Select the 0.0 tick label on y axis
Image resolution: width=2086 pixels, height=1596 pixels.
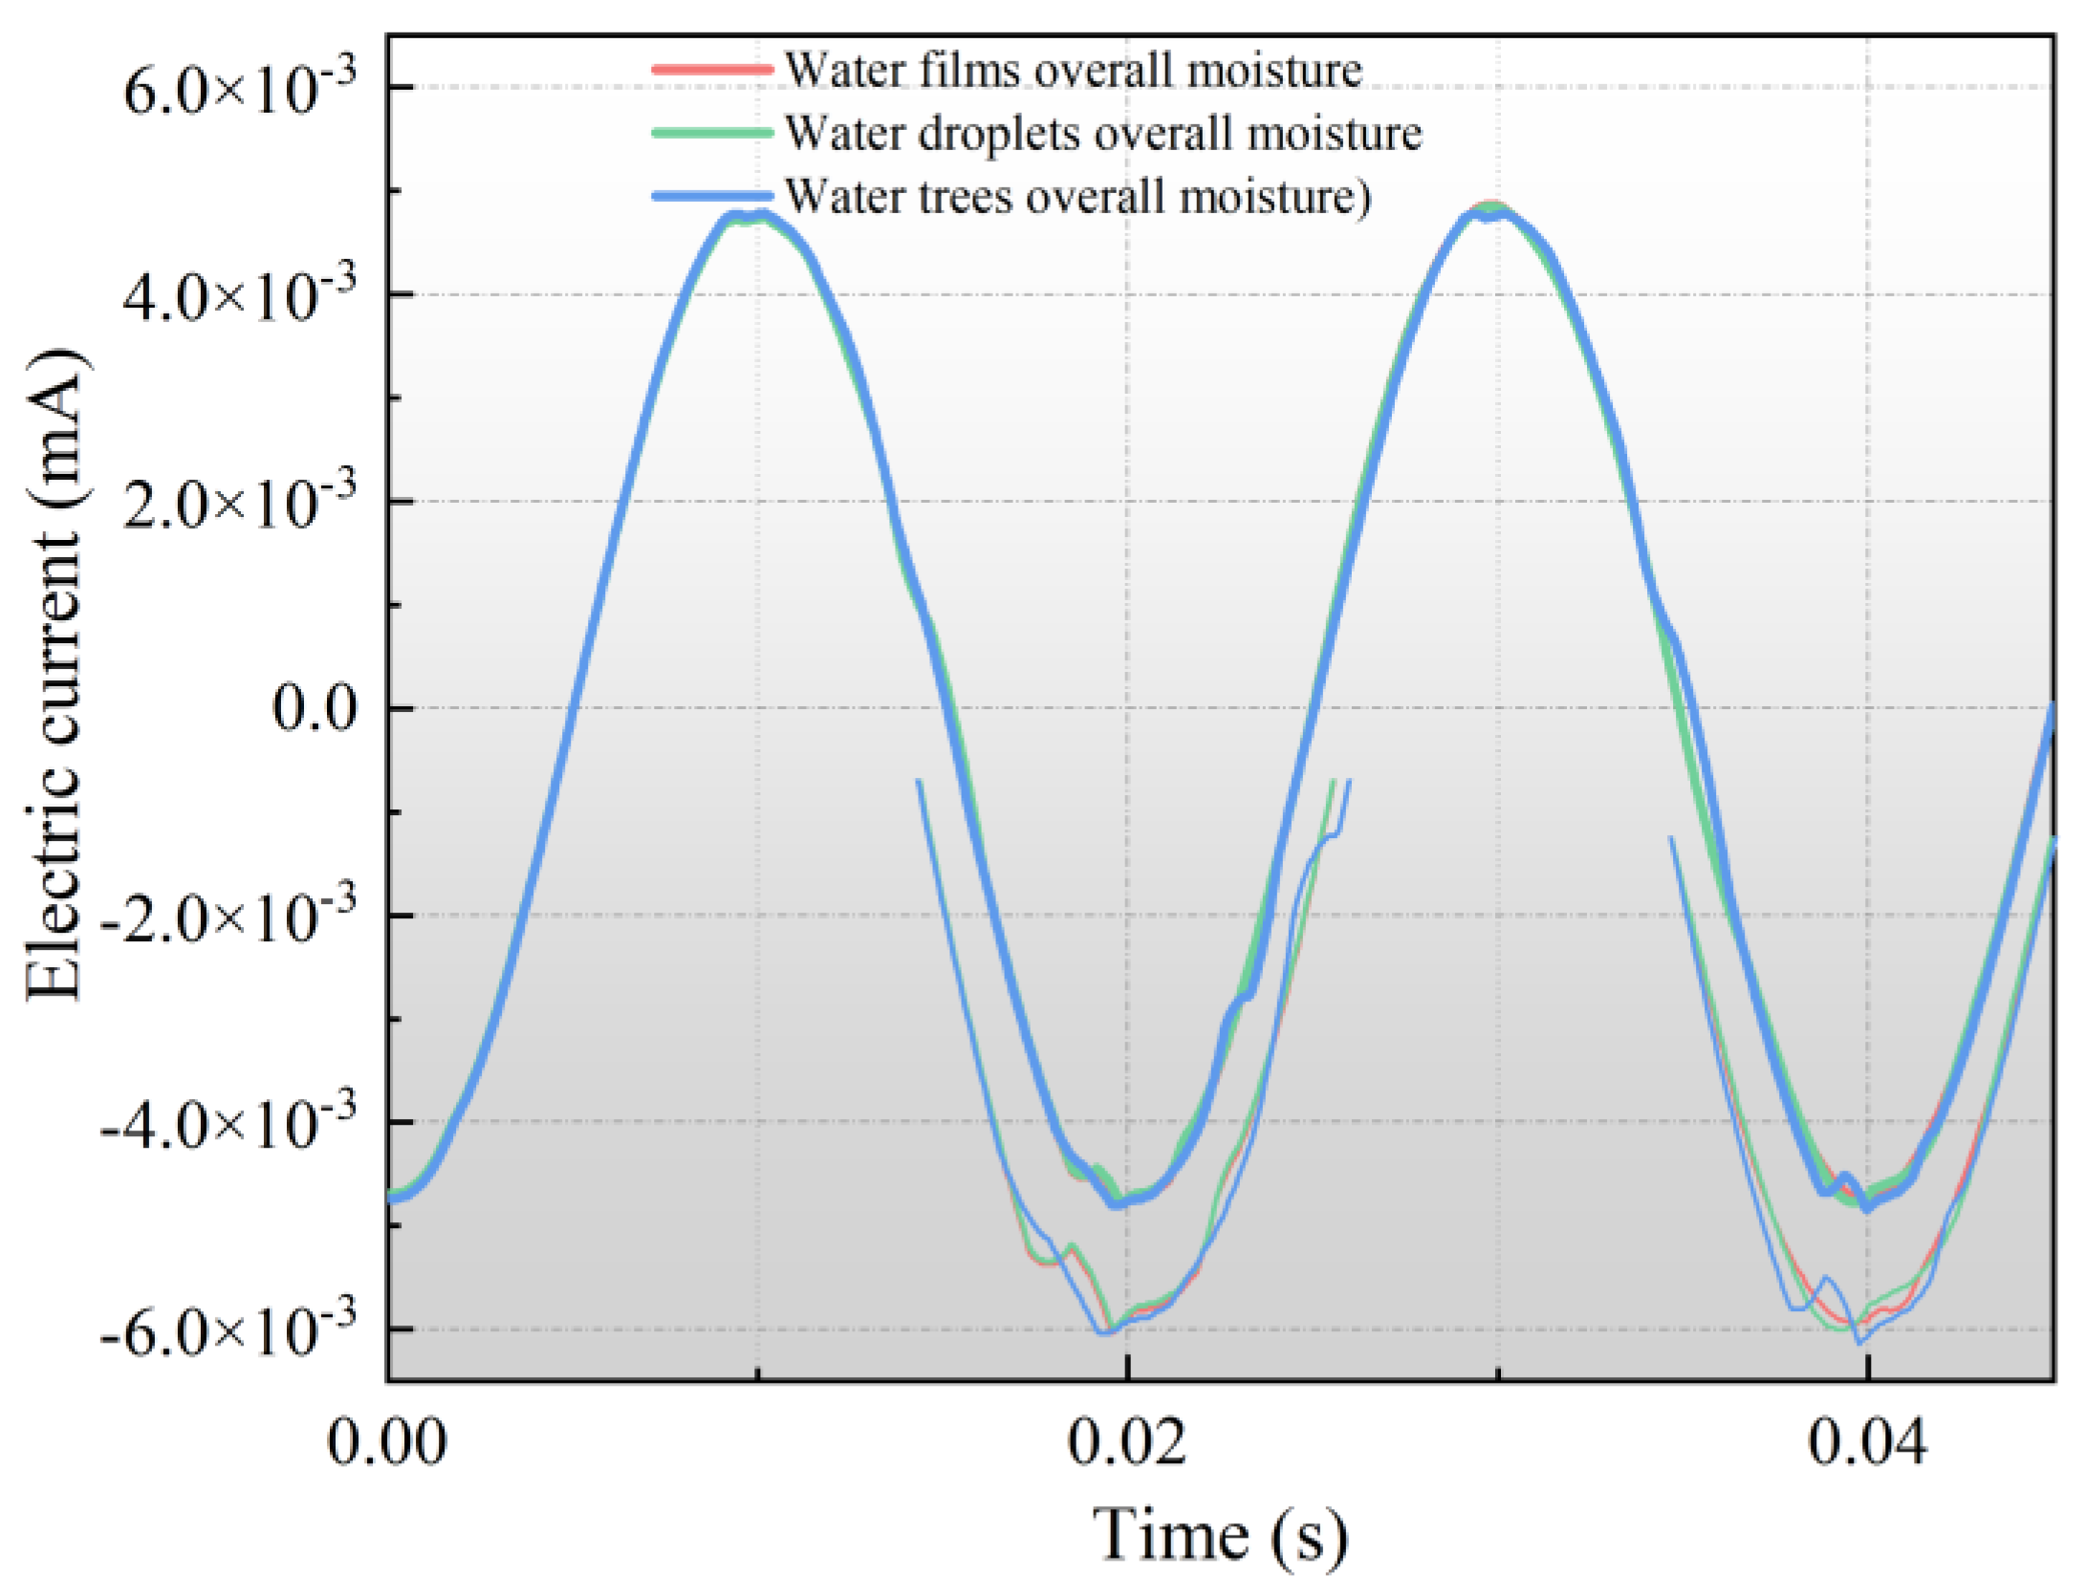tap(315, 709)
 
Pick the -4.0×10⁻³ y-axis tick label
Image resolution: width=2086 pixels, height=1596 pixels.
tap(228, 1123)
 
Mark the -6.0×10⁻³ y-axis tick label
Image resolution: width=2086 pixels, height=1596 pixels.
tap(228, 1329)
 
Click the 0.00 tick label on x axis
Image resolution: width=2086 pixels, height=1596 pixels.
tap(386, 1443)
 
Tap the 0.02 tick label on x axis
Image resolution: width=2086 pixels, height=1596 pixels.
tap(1127, 1443)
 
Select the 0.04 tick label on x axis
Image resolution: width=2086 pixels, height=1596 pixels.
tap(1867, 1443)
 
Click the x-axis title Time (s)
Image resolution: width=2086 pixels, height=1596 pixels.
tap(1220, 1537)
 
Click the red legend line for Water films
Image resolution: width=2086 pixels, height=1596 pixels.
tap(711, 69)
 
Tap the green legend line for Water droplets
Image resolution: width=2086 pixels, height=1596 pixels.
tap(711, 133)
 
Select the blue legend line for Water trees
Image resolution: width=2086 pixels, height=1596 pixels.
tap(711, 196)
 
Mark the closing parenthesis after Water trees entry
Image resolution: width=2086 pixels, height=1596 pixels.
tap(1364, 198)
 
